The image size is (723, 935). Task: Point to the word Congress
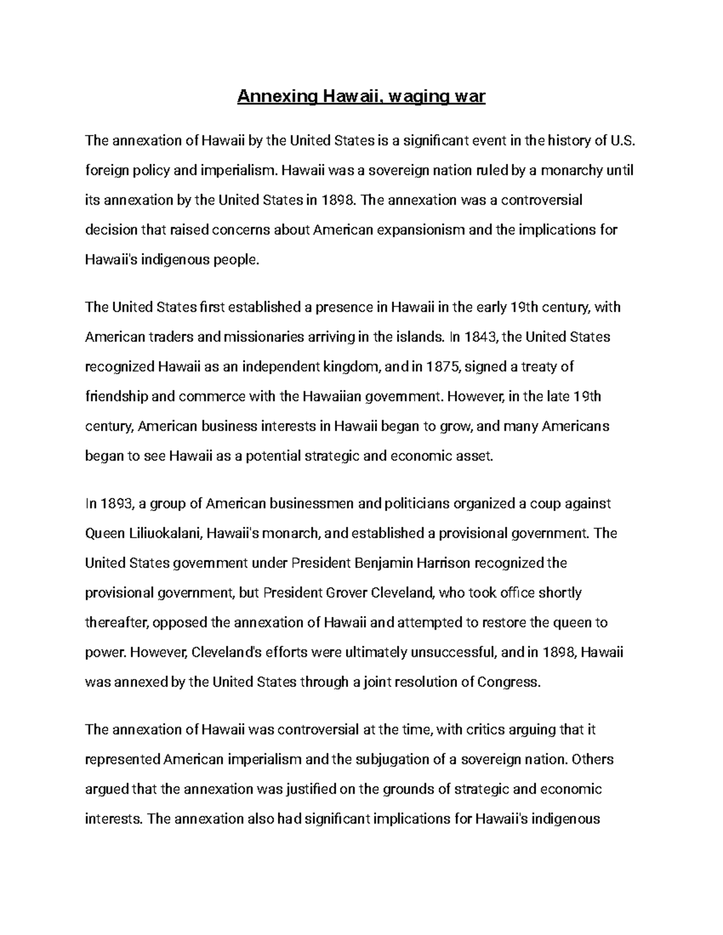point(507,682)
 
